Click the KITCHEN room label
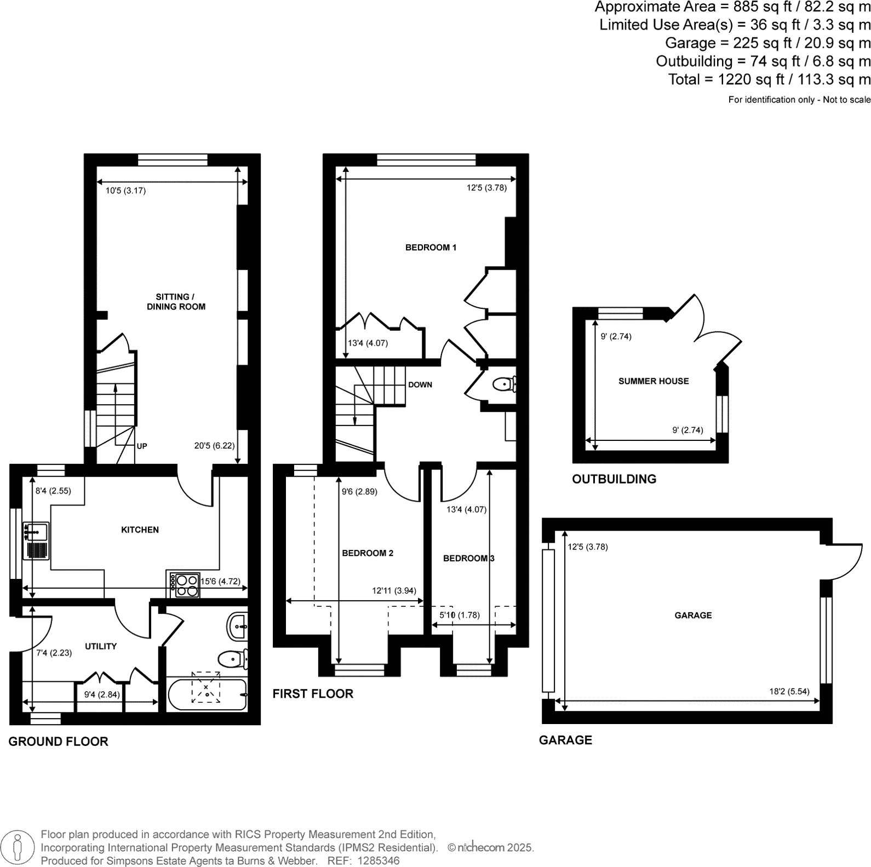pyautogui.click(x=140, y=530)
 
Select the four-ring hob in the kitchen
pyautogui.click(x=185, y=585)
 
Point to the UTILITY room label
pyautogui.click(x=101, y=646)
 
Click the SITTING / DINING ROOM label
pyautogui.click(x=176, y=302)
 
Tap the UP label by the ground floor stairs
pyautogui.click(x=142, y=446)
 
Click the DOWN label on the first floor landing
pyautogui.click(x=420, y=384)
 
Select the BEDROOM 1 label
pyautogui.click(x=431, y=248)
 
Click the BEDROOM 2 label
pyautogui.click(x=368, y=553)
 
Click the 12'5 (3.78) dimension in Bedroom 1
pyautogui.click(x=486, y=188)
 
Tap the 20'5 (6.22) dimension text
pyautogui.click(x=214, y=446)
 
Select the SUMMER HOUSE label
pyautogui.click(x=654, y=381)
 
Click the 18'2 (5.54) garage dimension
pyautogui.click(x=789, y=692)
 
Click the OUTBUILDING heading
pyautogui.click(x=614, y=479)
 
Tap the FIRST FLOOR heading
pyautogui.click(x=313, y=694)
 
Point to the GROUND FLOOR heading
pyautogui.click(x=58, y=742)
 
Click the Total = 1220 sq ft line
pyautogui.click(x=769, y=79)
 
